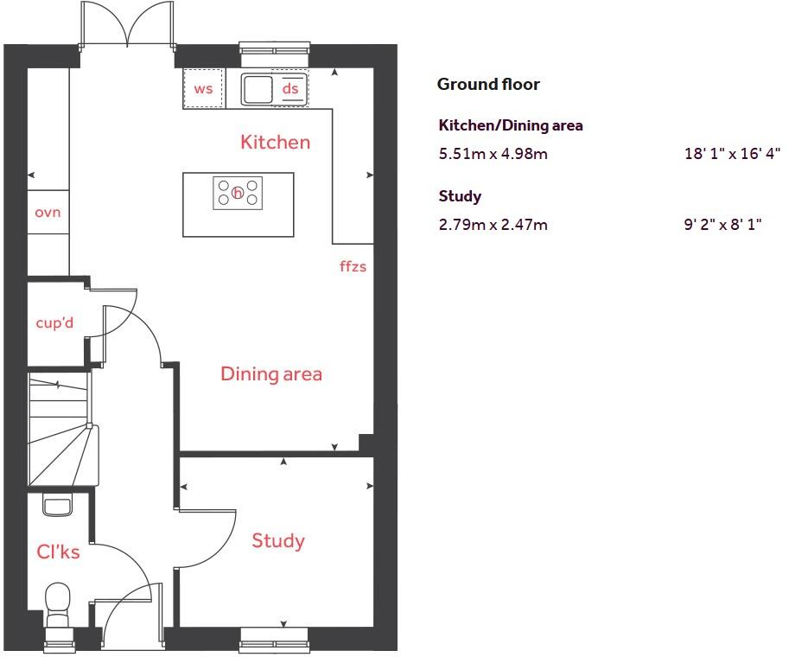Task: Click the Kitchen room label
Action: tap(275, 142)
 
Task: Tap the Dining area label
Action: tap(270, 374)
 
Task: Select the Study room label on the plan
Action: tap(277, 541)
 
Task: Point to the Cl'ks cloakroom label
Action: tap(58, 552)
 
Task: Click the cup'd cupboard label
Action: tap(54, 323)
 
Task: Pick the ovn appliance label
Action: tap(48, 212)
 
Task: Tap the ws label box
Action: tap(203, 89)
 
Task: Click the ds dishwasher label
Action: tap(290, 89)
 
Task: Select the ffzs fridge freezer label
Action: tap(353, 266)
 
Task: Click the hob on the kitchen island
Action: tap(238, 192)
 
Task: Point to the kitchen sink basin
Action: tap(257, 88)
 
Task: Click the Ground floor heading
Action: tap(488, 84)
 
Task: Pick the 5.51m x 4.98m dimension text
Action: tap(493, 155)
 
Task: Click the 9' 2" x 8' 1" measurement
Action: tap(722, 226)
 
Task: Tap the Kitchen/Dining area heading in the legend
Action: tap(511, 125)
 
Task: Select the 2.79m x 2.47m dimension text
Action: tap(493, 226)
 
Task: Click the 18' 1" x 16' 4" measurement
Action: tap(732, 155)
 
